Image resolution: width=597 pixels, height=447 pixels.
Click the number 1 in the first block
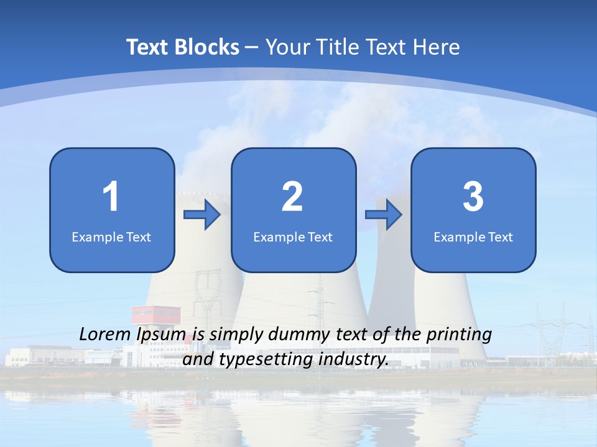click(x=111, y=197)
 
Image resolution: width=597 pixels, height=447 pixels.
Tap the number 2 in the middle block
click(x=292, y=197)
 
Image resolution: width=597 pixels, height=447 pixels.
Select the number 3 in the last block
click(x=473, y=197)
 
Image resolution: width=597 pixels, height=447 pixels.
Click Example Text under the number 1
click(x=111, y=237)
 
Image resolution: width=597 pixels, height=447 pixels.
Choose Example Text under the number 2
click(x=293, y=237)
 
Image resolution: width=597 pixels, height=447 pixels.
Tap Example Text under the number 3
click(x=473, y=237)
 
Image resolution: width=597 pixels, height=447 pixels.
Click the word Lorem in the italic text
click(x=105, y=335)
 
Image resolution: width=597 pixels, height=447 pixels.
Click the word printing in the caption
click(x=459, y=335)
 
